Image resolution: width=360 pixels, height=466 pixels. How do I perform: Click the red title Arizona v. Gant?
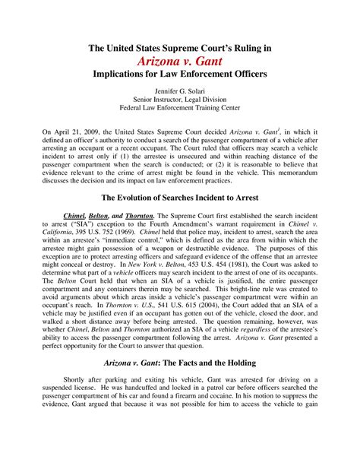tap(180, 62)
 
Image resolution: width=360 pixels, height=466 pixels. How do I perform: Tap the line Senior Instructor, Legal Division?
tap(179, 106)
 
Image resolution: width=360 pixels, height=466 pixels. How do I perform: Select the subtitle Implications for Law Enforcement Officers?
tap(179, 78)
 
